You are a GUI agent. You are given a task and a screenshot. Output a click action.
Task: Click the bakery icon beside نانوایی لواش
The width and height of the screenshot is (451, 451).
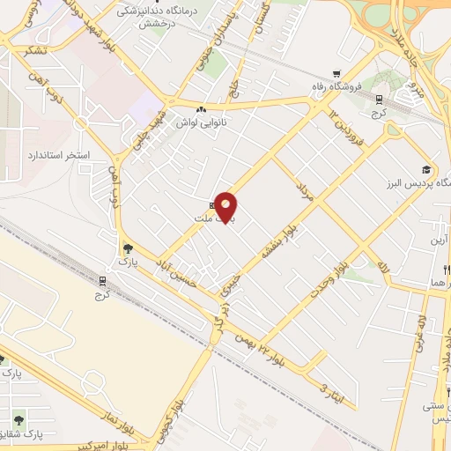coord(202,110)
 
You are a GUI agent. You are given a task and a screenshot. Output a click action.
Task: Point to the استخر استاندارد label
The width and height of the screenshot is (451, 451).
coord(59,155)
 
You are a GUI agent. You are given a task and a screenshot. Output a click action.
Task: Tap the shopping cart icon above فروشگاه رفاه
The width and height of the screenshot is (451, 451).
coord(336,74)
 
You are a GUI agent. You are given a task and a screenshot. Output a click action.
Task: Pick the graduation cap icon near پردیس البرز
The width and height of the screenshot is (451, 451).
coord(425,169)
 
